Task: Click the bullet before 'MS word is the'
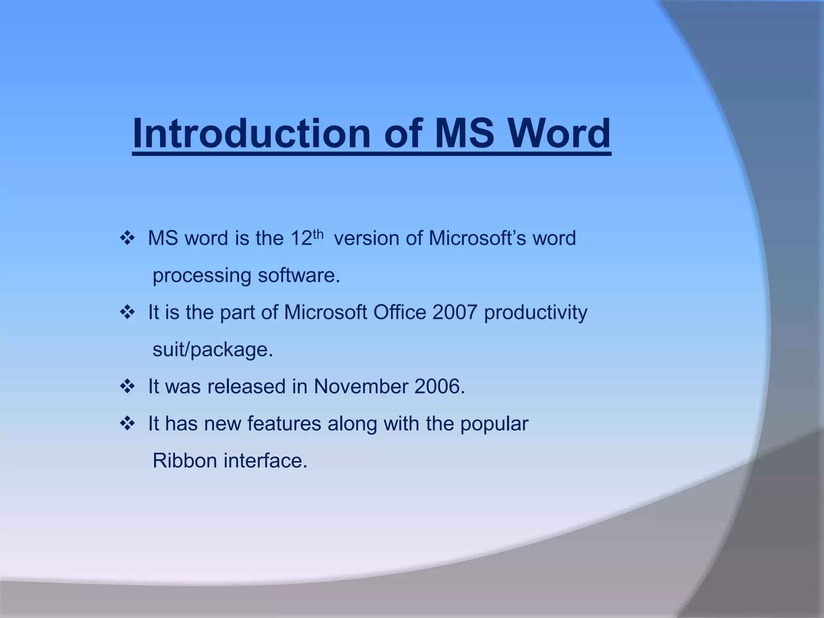(x=127, y=239)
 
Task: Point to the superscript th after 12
(x=318, y=234)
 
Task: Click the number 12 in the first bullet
(x=301, y=238)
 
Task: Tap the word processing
(x=202, y=276)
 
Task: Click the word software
(x=299, y=276)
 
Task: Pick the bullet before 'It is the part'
(x=127, y=313)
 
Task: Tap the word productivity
(x=536, y=313)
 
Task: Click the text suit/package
(x=213, y=350)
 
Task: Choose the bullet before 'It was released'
(x=127, y=387)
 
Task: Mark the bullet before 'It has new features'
(x=127, y=424)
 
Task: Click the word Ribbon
(x=185, y=461)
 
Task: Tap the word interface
(x=266, y=461)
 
